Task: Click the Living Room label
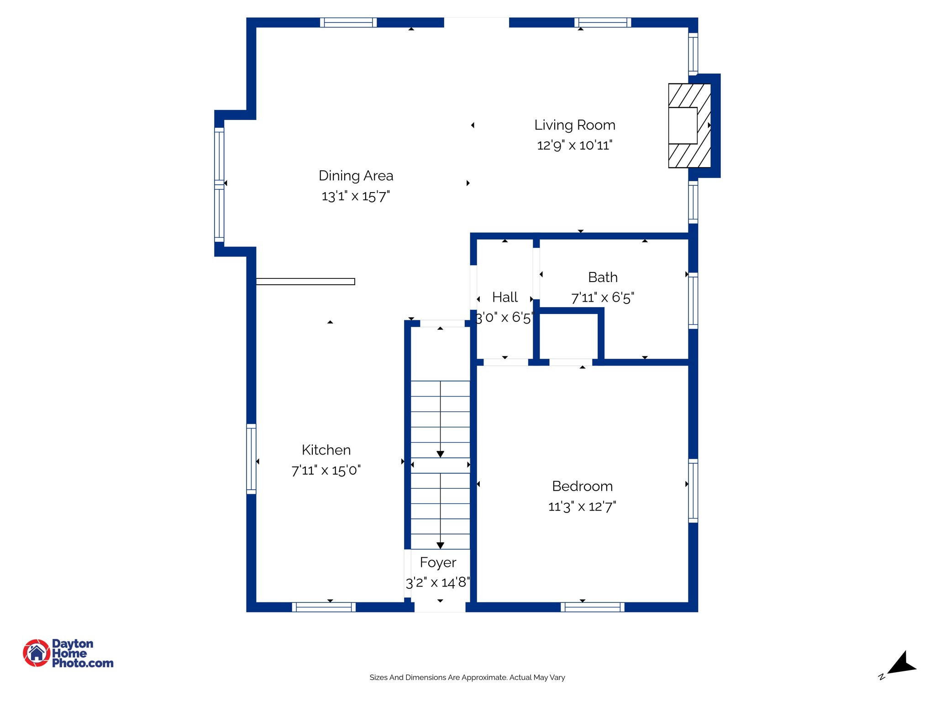coord(575,125)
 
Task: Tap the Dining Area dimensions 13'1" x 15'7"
coord(356,196)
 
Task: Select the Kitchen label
coord(326,450)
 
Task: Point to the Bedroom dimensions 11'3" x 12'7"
coord(582,507)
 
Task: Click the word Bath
coord(603,277)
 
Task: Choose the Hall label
coord(504,298)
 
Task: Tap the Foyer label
coord(438,563)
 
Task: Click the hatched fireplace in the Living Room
coord(689,126)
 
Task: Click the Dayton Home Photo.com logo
coord(68,653)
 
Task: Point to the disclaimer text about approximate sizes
coord(467,678)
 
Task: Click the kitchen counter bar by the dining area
coord(305,282)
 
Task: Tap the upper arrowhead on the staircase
coord(440,454)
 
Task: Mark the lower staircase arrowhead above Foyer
coord(440,545)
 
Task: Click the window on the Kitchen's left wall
coord(251,459)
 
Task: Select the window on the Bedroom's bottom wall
coord(593,607)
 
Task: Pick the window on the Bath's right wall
coord(693,301)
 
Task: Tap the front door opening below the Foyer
coord(440,607)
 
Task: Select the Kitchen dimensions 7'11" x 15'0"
coord(326,471)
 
